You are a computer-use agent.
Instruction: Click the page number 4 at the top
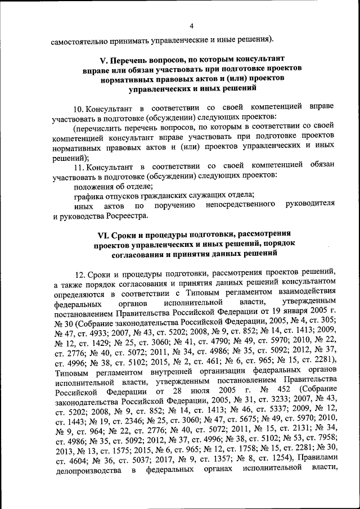(191, 26)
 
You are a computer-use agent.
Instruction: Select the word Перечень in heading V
(130, 58)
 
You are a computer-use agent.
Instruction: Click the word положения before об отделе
(95, 186)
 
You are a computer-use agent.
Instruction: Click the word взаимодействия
(310, 294)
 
